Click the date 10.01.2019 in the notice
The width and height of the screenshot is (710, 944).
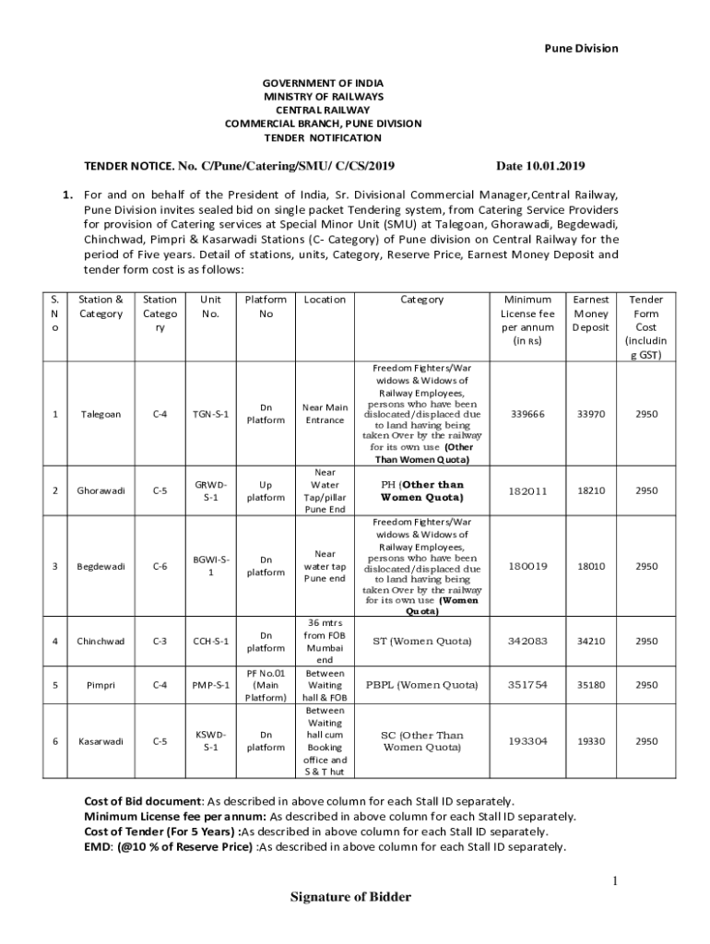(x=539, y=166)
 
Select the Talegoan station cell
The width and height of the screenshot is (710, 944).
(x=99, y=414)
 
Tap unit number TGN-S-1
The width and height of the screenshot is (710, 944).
(x=212, y=414)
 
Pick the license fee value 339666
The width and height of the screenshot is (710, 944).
(x=527, y=414)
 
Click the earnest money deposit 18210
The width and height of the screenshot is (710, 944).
(x=590, y=490)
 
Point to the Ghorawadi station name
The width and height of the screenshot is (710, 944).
(x=101, y=490)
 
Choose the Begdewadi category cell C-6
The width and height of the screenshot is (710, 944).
(x=160, y=566)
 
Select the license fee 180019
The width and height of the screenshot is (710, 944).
(x=527, y=566)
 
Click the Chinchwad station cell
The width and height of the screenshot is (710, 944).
(x=100, y=641)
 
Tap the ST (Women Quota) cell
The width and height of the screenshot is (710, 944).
(x=421, y=641)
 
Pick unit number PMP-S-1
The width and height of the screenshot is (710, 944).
(x=212, y=685)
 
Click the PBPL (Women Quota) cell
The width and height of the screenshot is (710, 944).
(x=421, y=685)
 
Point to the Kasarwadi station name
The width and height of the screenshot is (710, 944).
(x=101, y=741)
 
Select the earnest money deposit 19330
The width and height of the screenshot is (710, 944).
(x=590, y=741)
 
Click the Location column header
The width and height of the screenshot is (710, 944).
(x=324, y=300)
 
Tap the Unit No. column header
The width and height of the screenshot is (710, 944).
(x=211, y=306)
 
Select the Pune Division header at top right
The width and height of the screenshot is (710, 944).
(x=580, y=48)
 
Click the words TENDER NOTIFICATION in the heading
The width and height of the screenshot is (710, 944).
(x=323, y=137)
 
